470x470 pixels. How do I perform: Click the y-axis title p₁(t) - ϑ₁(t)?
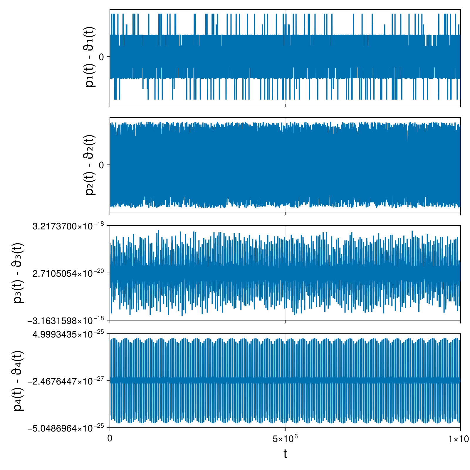tap(90, 57)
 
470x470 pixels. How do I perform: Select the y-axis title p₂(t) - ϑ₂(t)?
tap(90, 165)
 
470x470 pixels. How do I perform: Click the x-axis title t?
tap(285, 454)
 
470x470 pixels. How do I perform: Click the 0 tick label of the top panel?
tap(102, 57)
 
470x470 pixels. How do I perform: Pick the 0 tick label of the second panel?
tap(102, 165)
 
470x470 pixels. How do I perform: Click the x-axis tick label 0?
tap(110, 439)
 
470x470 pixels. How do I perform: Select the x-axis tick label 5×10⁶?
tap(285, 439)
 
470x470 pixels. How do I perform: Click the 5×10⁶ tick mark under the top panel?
tap(285, 105)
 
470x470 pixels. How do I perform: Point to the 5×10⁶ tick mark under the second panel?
tap(285, 214)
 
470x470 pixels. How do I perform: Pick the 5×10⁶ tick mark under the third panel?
tap(285, 322)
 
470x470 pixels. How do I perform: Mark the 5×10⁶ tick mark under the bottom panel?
tap(285, 429)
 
